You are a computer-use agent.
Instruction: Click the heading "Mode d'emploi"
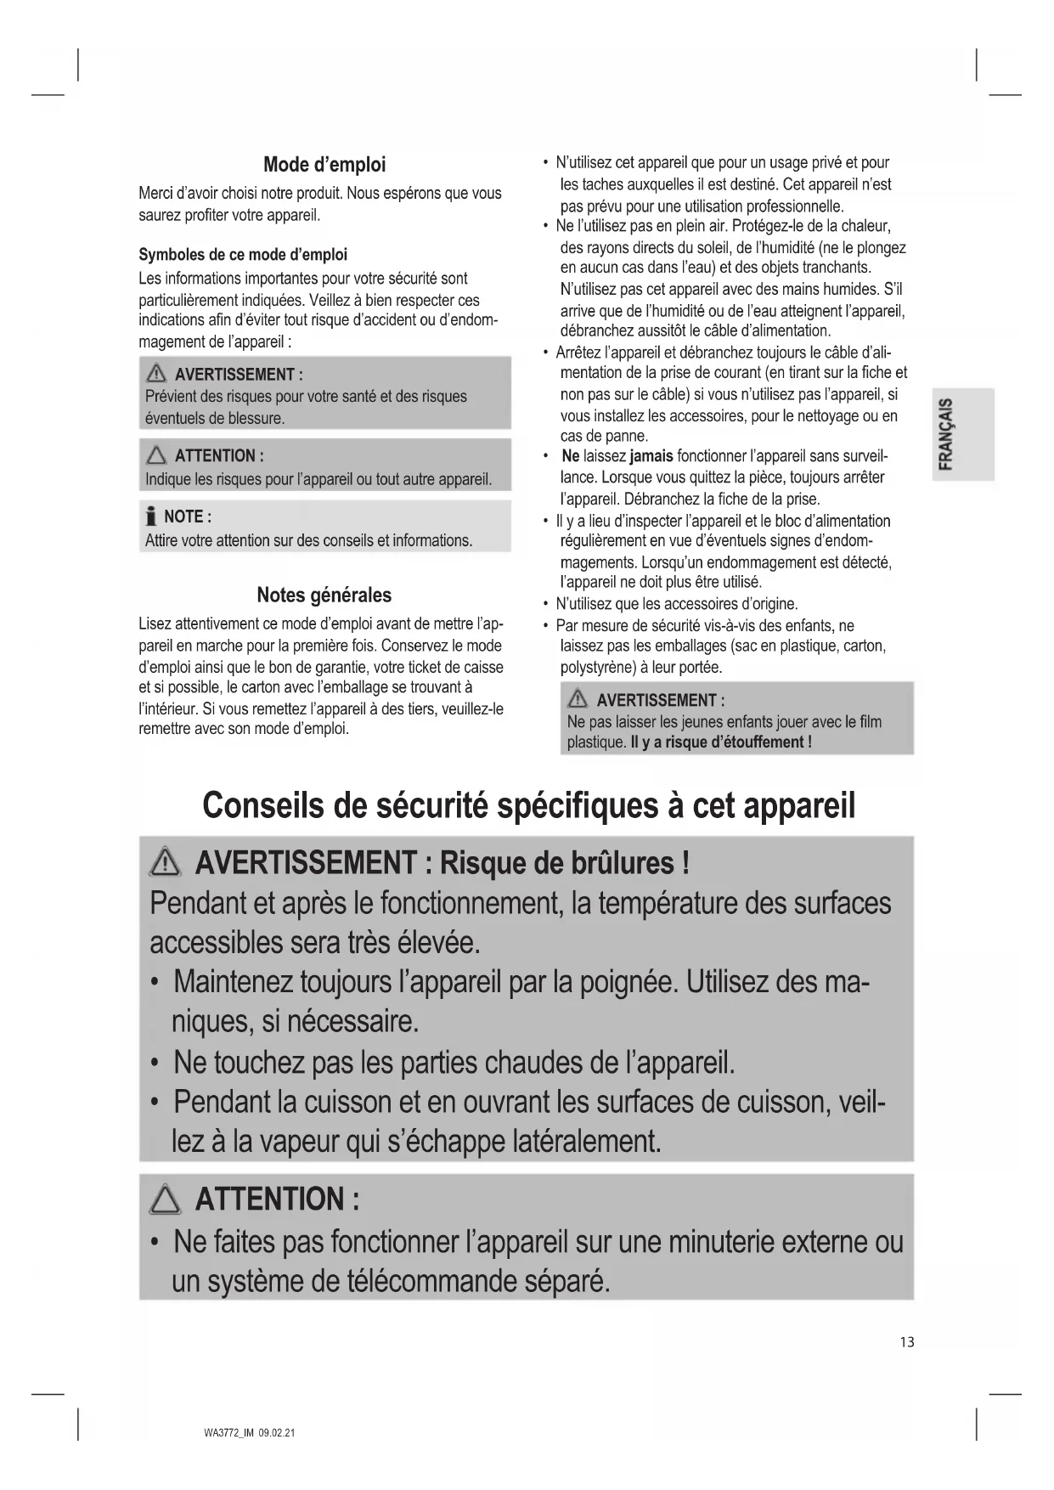[x=324, y=165]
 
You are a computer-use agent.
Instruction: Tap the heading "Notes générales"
[x=324, y=595]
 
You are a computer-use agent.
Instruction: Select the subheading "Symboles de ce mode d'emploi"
[x=243, y=255]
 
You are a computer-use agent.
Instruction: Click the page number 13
[x=907, y=1342]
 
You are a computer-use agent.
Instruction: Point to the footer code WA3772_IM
[x=229, y=1433]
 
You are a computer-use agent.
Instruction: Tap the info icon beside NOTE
[x=151, y=516]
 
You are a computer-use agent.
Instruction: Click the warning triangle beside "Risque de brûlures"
[x=165, y=864]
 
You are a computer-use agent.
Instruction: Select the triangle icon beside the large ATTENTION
[x=165, y=1200]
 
